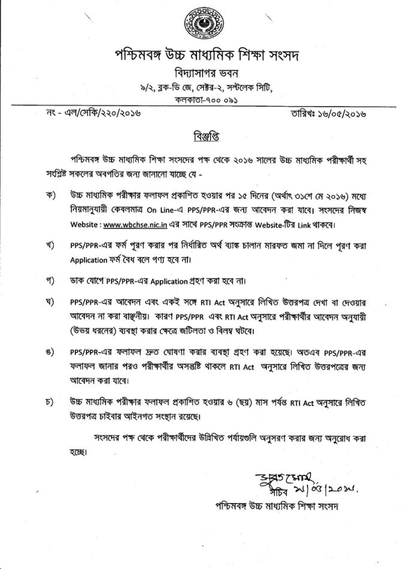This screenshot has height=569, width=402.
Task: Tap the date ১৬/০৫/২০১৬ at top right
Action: coord(351,113)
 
